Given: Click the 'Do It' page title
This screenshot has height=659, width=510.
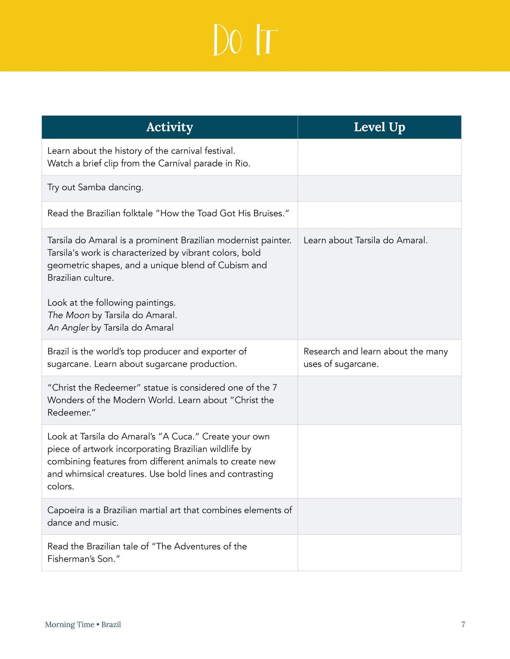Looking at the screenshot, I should pyautogui.click(x=245, y=39).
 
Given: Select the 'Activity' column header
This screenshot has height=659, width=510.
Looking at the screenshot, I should pyautogui.click(x=169, y=127).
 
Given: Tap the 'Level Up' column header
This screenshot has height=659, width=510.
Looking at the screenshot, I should pyautogui.click(x=379, y=127).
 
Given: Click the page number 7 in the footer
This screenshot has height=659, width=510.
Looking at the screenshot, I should pyautogui.click(x=463, y=624).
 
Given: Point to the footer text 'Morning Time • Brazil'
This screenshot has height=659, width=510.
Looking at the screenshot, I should pyautogui.click(x=83, y=624).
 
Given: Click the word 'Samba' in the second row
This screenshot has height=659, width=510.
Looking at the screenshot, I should pyautogui.click(x=92, y=187).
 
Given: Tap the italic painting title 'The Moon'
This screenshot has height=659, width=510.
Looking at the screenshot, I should pyautogui.click(x=68, y=315).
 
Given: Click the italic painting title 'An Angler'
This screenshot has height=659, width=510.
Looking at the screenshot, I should pyautogui.click(x=68, y=328).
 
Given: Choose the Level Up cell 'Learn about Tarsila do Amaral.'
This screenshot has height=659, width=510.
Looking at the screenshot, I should pyautogui.click(x=365, y=240).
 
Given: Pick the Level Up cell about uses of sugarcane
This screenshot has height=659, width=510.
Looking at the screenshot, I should pyautogui.click(x=376, y=358).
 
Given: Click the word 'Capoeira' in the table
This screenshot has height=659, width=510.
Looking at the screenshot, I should pyautogui.click(x=66, y=510).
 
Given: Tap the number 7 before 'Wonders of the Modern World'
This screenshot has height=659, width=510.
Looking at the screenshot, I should pyautogui.click(x=275, y=388).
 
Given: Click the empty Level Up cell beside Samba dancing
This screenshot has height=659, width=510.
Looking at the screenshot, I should pyautogui.click(x=379, y=188).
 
